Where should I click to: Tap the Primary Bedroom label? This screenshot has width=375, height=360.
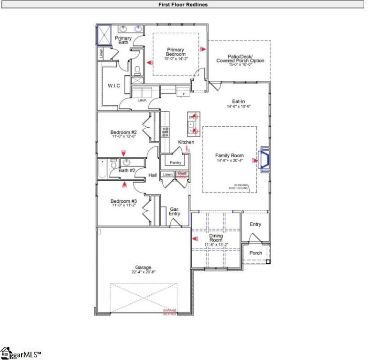176,52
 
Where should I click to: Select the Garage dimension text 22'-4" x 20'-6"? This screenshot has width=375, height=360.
143,272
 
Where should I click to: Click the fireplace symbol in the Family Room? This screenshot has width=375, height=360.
264,161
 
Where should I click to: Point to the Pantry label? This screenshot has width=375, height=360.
175,162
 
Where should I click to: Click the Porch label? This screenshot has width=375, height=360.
255,253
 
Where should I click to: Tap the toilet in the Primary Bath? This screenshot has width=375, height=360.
138,70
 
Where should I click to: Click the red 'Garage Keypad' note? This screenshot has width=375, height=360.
169,312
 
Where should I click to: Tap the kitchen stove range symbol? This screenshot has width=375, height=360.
165,132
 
